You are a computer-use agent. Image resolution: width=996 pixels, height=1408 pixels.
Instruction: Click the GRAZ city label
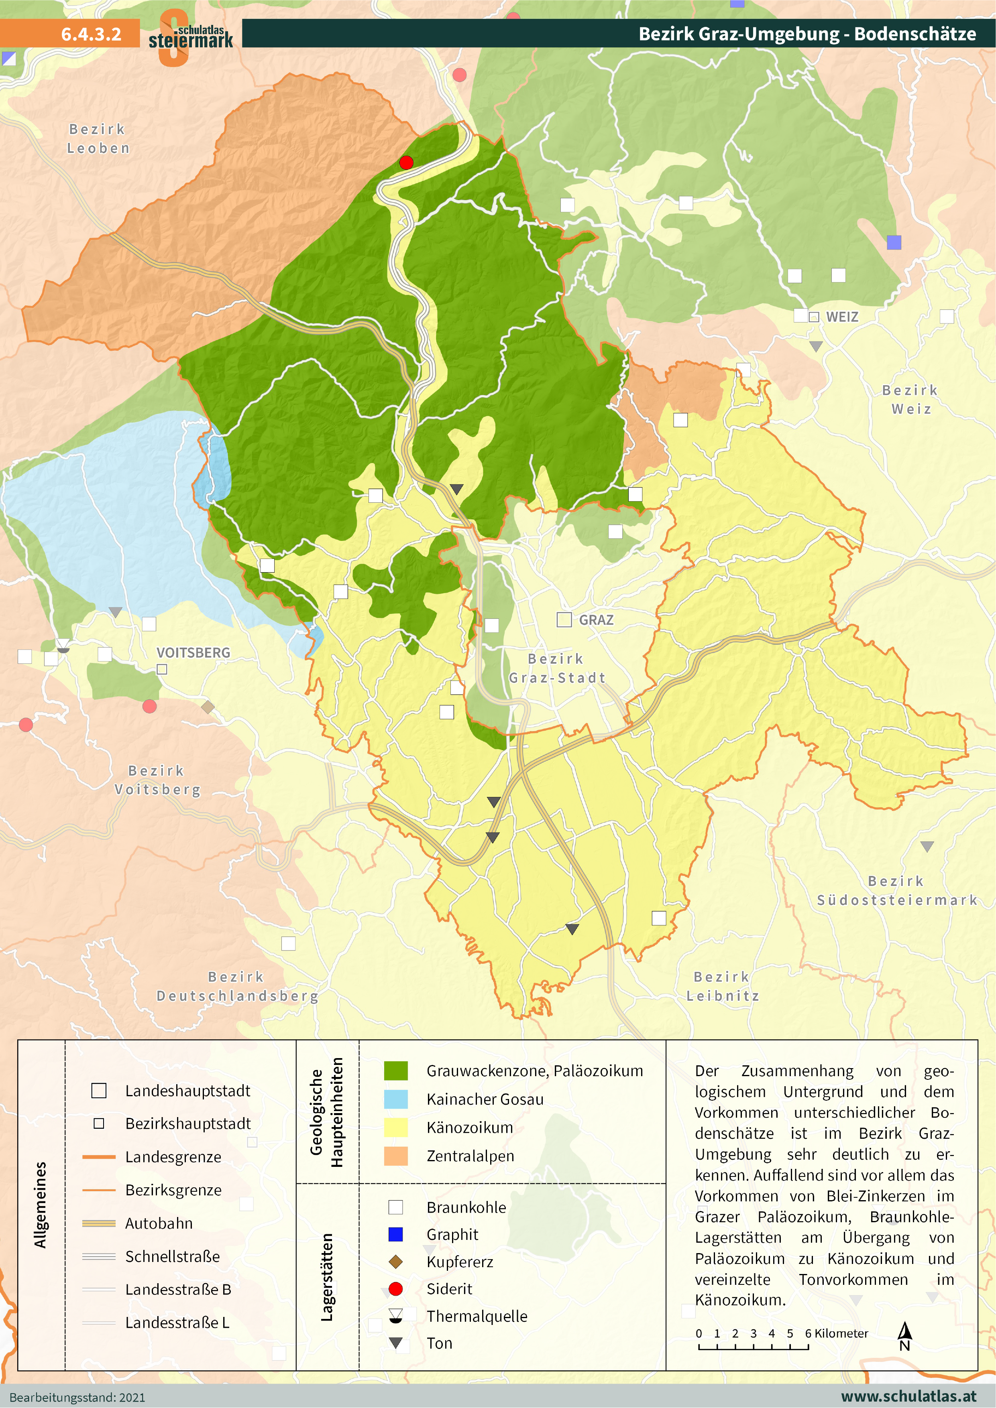[595, 620]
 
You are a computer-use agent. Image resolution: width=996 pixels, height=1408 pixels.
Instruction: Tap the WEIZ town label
[841, 317]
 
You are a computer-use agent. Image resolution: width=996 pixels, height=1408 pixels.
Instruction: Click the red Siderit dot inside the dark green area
[406, 163]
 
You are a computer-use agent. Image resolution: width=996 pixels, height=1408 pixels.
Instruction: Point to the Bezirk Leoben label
[98, 138]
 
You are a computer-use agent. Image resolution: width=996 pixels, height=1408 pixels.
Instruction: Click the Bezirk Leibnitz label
[722, 986]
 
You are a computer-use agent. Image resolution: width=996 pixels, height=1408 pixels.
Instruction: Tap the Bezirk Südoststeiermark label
[896, 890]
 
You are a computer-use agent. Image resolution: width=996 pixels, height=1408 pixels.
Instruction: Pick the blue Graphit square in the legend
[396, 1234]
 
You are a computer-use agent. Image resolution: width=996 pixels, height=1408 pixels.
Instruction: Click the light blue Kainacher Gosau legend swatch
[396, 1099]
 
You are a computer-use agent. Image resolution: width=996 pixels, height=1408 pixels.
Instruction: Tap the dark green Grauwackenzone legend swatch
[396, 1071]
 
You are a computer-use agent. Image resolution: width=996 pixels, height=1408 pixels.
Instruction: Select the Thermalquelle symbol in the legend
[396, 1315]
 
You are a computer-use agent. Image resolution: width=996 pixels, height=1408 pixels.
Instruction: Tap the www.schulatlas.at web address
[908, 1396]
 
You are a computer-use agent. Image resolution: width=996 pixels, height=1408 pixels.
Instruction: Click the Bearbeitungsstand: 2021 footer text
[77, 1398]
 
